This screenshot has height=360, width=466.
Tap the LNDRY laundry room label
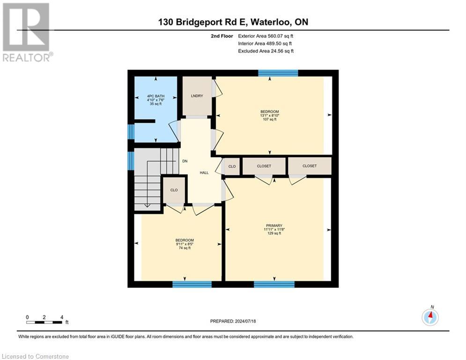point(197,96)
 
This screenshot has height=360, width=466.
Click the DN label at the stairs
point(185,161)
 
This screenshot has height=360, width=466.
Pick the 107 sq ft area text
point(270,120)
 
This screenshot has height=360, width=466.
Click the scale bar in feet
point(44,322)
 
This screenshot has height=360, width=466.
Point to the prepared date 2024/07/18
point(233,321)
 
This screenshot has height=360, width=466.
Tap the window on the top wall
point(278,73)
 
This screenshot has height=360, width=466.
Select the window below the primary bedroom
point(274,284)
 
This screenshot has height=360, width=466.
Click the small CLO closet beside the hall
point(232,166)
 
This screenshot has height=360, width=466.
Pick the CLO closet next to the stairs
point(174,190)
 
